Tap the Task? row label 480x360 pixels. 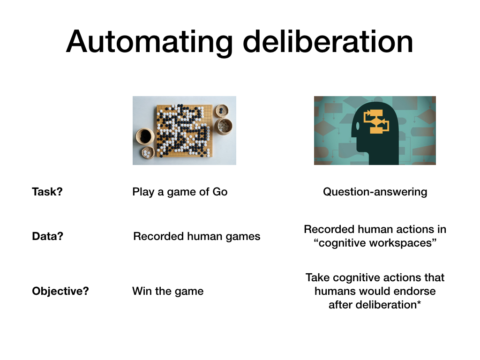coord(47,192)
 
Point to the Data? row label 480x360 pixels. coord(47,236)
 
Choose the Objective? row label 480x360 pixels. coord(60,291)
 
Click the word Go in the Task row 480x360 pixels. coord(220,192)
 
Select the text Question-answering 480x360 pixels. coord(375,192)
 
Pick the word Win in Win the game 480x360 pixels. coord(139,291)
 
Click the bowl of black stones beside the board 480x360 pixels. coord(145,136)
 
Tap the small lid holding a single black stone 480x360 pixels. coord(222,111)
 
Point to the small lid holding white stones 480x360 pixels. coord(149,152)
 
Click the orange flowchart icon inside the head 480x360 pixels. coord(376,121)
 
